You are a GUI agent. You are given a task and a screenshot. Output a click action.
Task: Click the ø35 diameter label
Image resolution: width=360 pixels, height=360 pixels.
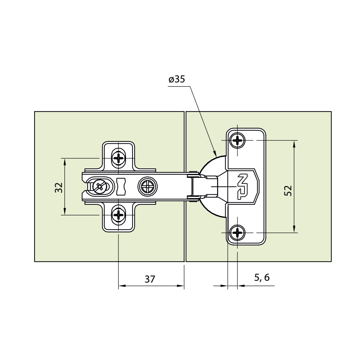[x=177, y=80]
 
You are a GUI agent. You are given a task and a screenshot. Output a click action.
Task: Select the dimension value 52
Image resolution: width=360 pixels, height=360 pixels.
[x=288, y=190]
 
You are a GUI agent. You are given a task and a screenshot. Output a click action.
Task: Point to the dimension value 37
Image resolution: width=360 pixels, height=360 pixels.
[x=150, y=279]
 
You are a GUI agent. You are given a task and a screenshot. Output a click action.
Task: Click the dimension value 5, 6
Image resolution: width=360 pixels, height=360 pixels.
[x=262, y=278]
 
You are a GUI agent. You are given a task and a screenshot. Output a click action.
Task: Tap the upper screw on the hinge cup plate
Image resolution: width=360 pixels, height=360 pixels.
[x=237, y=140]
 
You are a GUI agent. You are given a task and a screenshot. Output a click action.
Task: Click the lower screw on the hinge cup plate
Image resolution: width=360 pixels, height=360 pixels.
[x=237, y=233]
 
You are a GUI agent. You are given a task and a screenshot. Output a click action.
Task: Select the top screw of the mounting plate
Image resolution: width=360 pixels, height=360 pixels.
[x=118, y=158]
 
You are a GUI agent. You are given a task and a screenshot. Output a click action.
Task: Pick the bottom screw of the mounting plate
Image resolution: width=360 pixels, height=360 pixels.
[x=118, y=215]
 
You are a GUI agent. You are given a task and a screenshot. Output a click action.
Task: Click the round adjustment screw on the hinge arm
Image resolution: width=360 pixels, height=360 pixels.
[x=148, y=186]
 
